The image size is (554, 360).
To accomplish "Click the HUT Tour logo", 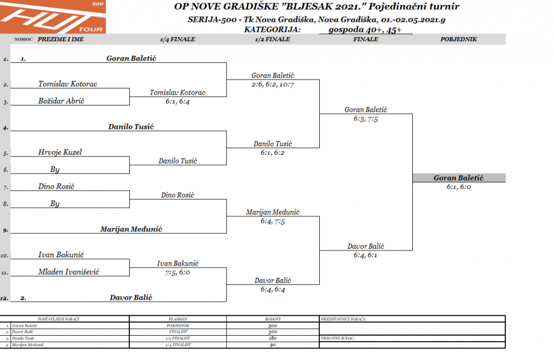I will pyautogui.click(x=53, y=17).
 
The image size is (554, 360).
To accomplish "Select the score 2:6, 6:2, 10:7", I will pyautogui.click(x=273, y=84).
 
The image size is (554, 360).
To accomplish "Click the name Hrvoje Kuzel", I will pyautogui.click(x=60, y=152).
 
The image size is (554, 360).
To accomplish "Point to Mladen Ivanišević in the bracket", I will pyautogui.click(x=68, y=272).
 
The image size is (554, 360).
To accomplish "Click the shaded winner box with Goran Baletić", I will pyautogui.click(x=458, y=178).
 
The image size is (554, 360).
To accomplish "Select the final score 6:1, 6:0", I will pyautogui.click(x=458, y=186).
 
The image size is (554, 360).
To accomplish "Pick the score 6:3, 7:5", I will pyautogui.click(x=366, y=118).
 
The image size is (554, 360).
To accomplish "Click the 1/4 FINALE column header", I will pyautogui.click(x=177, y=39).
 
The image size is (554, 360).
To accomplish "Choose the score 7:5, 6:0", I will pyautogui.click(x=178, y=272).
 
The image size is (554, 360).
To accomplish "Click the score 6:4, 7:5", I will pyautogui.click(x=273, y=221).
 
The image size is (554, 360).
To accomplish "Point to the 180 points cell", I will pyautogui.click(x=272, y=338).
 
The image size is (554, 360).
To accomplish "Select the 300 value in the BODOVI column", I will pyautogui.click(x=272, y=332).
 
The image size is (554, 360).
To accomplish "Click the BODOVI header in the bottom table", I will pyautogui.click(x=272, y=319).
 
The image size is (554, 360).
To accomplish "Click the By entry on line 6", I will pyautogui.click(x=55, y=169).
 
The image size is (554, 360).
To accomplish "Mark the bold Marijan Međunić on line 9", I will pyautogui.click(x=132, y=229).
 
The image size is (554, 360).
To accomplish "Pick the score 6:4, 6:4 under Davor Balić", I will pyautogui.click(x=273, y=289).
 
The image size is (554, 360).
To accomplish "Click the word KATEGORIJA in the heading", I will pyautogui.click(x=268, y=30).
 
